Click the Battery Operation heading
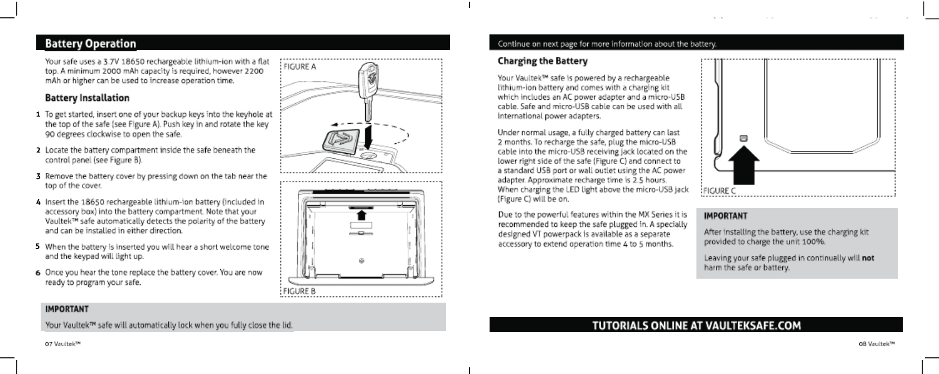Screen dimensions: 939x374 90,43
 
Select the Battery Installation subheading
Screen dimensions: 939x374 87,98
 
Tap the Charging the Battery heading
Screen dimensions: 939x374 542,61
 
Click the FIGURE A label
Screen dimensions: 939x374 299,67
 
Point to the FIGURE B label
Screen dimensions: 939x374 299,291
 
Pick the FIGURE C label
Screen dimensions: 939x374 719,191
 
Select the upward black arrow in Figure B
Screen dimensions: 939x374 361,214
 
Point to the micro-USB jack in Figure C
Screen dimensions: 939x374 743,138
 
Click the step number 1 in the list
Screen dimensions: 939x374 38,115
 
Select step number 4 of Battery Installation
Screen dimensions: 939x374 38,202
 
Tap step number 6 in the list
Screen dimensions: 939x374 38,273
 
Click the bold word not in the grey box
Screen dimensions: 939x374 868,258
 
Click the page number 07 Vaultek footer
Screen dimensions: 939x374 63,344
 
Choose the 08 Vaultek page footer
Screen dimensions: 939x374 877,344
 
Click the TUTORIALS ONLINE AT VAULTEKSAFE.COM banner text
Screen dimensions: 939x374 696,326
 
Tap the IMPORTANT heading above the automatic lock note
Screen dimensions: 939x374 67,309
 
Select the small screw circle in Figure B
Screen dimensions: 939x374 362,261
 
